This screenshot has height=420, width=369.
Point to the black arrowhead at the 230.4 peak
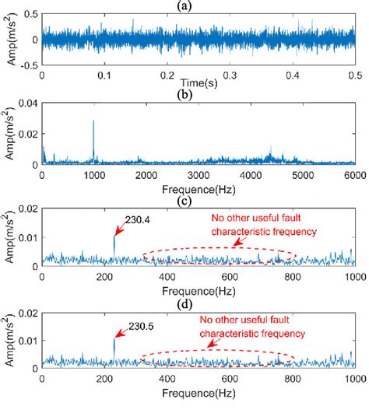tap(116, 233)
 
